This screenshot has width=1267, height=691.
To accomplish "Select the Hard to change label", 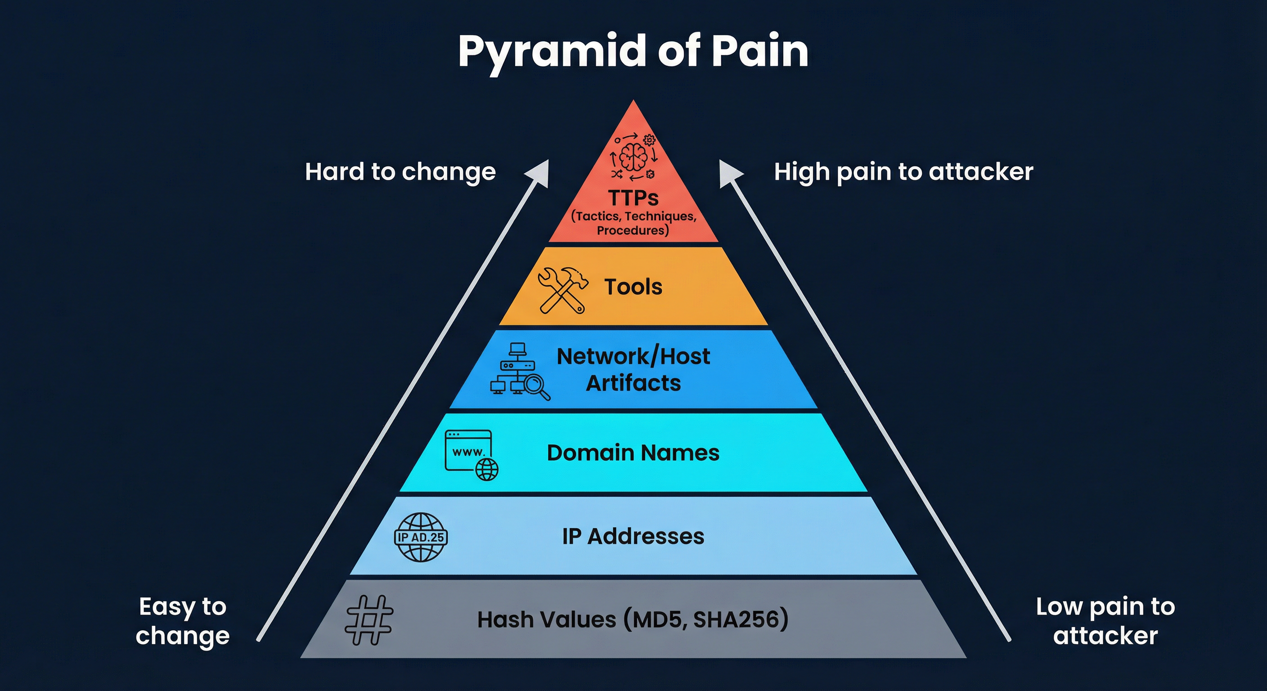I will (x=400, y=172).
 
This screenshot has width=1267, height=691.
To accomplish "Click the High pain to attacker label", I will (x=903, y=172).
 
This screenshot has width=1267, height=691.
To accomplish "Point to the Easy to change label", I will (x=183, y=621).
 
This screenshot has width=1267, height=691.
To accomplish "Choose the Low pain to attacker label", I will (x=1105, y=621).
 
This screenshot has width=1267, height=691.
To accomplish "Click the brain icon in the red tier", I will (x=633, y=157).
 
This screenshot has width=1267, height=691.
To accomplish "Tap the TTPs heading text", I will (x=633, y=198).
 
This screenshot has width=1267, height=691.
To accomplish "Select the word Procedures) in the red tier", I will (x=633, y=230).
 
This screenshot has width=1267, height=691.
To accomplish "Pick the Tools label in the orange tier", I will (x=633, y=287).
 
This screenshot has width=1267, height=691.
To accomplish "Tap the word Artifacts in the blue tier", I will (x=633, y=383).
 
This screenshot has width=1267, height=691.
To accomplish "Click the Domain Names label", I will (x=633, y=453).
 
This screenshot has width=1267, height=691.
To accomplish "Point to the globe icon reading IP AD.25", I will (x=421, y=537).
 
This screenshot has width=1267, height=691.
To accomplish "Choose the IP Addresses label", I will (x=633, y=536).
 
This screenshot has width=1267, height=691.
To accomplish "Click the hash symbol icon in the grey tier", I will (x=369, y=619).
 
